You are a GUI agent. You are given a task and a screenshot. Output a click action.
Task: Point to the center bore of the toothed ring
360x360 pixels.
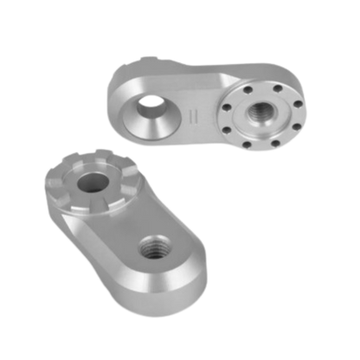(x=89, y=181)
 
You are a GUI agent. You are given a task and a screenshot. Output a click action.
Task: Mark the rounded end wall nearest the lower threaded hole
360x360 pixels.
(x=195, y=277)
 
